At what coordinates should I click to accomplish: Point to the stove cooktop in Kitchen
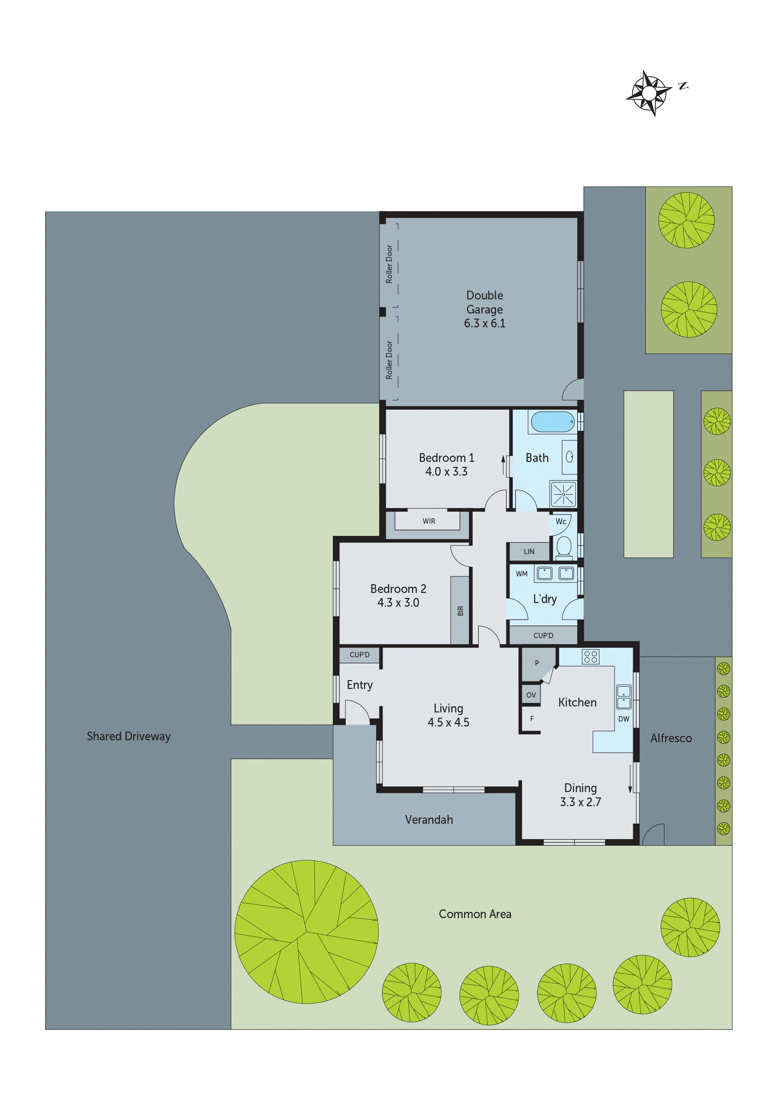(591, 656)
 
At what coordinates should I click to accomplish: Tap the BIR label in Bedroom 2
(460, 611)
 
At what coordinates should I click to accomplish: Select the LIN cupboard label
(529, 552)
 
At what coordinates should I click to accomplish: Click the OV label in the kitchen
(531, 695)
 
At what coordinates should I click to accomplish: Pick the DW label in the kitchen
(623, 719)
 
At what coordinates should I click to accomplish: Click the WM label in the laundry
(522, 574)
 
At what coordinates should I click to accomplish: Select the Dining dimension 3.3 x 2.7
(580, 802)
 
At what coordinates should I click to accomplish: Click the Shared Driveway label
(129, 736)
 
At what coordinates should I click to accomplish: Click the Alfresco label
(671, 738)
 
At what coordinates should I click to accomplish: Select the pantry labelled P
(537, 664)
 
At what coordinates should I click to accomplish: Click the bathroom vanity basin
(569, 457)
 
